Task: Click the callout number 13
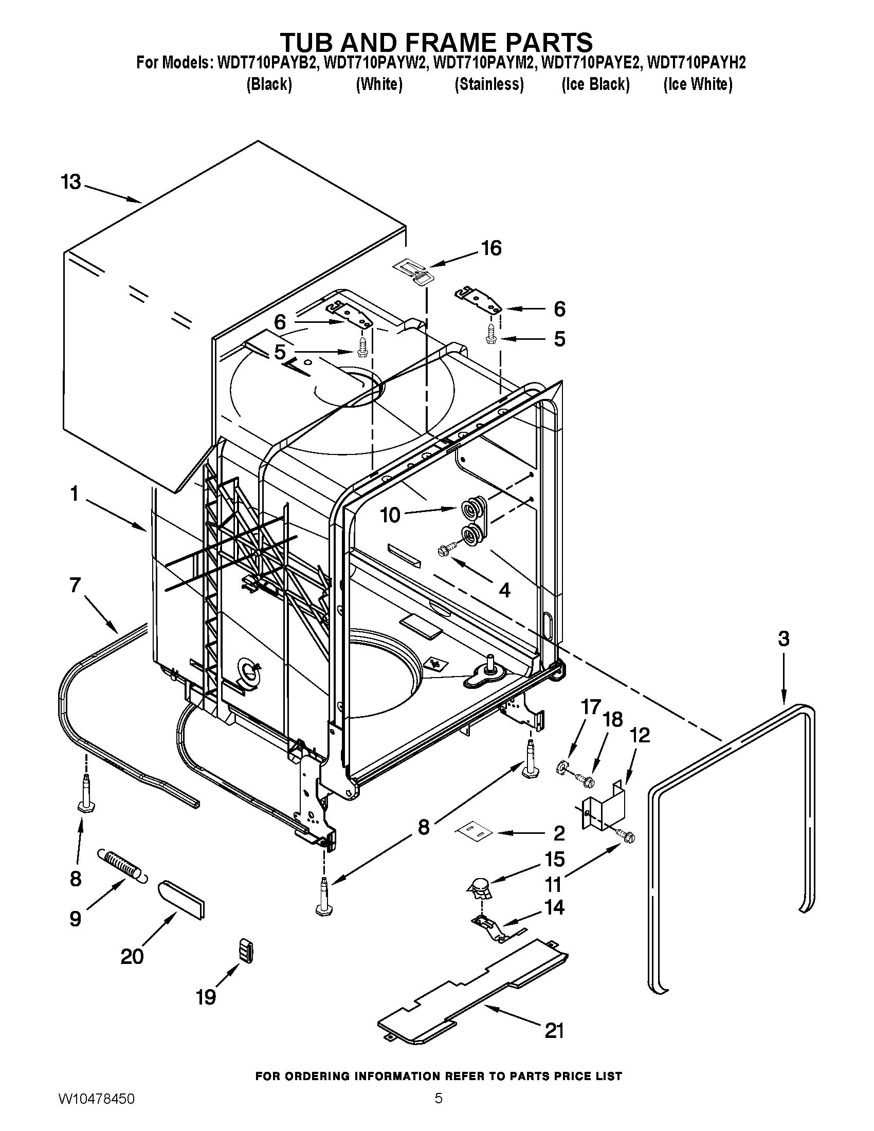[x=71, y=182]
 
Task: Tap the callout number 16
[x=491, y=248]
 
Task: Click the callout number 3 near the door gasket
[x=784, y=639]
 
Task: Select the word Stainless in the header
[x=489, y=84]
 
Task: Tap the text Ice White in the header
[x=698, y=84]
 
